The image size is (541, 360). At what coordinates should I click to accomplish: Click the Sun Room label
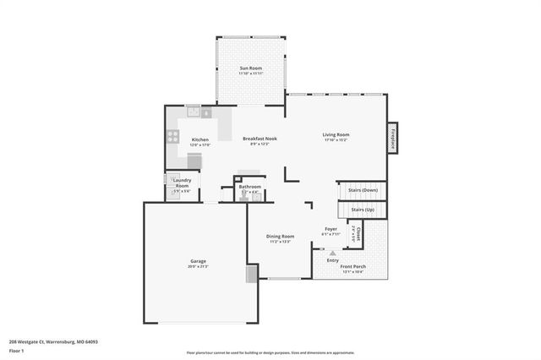tap(250, 68)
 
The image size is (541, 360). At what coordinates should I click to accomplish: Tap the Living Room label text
tap(336, 134)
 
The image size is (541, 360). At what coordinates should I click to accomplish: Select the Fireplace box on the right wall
tap(393, 139)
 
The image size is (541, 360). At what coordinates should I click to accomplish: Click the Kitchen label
tap(200, 139)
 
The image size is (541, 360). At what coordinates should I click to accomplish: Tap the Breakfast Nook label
tap(260, 139)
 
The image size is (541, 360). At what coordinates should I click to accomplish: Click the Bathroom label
tap(249, 187)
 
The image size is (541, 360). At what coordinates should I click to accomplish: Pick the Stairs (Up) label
tap(363, 209)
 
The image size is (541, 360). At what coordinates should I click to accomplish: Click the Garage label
tap(198, 261)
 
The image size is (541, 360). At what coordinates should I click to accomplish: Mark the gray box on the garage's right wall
tap(250, 274)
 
